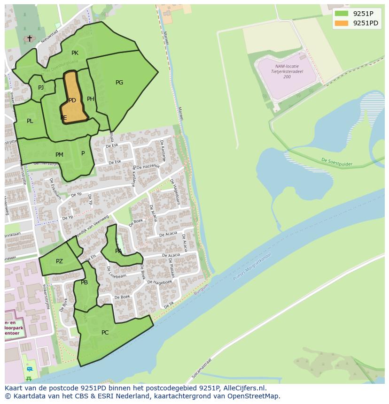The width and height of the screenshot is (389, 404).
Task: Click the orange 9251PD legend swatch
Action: tap(342, 23)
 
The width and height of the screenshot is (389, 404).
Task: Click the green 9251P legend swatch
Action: tap(342, 14)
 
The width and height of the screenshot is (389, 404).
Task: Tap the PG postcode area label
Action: tap(119, 83)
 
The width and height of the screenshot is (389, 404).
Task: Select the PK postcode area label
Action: tap(75, 53)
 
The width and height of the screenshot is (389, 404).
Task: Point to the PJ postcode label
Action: tap(41, 87)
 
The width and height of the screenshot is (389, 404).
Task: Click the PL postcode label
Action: tap(30, 121)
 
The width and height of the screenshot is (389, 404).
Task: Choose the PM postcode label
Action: tap(59, 155)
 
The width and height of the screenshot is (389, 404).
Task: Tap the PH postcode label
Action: tap(91, 99)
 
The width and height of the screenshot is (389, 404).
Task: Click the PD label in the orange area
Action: tap(72, 100)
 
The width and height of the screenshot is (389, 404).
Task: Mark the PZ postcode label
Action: tap(59, 261)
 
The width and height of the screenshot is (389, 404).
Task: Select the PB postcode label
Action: tap(84, 282)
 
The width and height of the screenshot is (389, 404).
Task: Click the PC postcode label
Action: tap(105, 333)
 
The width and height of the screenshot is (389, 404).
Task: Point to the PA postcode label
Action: tap(118, 251)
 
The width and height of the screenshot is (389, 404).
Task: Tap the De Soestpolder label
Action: tap(336, 162)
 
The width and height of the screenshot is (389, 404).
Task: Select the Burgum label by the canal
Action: tap(201, 292)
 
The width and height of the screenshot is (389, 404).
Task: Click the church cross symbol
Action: tap(30, 38)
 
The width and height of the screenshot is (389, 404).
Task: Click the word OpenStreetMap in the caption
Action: tap(256, 396)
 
